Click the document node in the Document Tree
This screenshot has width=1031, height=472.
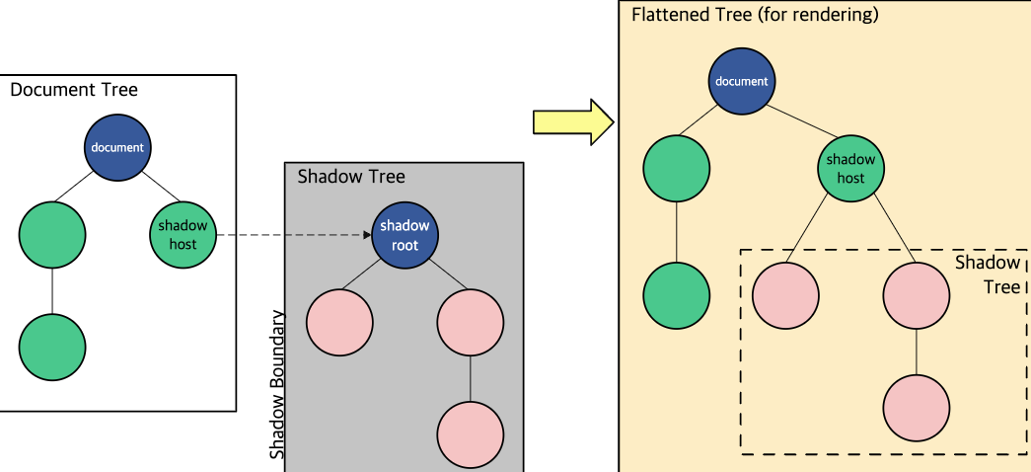(x=117, y=147)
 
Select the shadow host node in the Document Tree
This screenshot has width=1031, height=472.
(x=184, y=234)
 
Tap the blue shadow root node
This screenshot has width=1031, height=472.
(x=405, y=234)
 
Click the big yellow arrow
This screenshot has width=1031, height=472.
(x=572, y=121)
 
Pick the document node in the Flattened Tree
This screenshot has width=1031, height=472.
(x=742, y=82)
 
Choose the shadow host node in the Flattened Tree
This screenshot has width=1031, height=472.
(x=850, y=169)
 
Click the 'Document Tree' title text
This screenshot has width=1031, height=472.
(x=74, y=90)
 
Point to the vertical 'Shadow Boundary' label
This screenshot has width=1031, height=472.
(x=277, y=384)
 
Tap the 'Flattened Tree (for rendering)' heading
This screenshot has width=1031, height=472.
(x=755, y=15)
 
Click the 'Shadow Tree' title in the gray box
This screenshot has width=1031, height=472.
(x=351, y=177)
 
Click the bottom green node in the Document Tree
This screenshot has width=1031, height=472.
(x=52, y=347)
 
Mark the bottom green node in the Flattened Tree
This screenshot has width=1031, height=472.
(x=677, y=295)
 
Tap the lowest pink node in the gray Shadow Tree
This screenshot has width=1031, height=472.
(x=471, y=435)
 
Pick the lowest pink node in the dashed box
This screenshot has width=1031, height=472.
(x=917, y=408)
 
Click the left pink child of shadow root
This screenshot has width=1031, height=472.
(x=339, y=323)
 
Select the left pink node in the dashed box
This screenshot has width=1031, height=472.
(x=785, y=295)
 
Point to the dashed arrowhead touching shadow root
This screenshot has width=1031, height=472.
(x=368, y=234)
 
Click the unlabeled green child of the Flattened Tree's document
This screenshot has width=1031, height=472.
(x=677, y=169)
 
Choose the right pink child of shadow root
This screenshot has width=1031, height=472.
(x=471, y=323)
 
